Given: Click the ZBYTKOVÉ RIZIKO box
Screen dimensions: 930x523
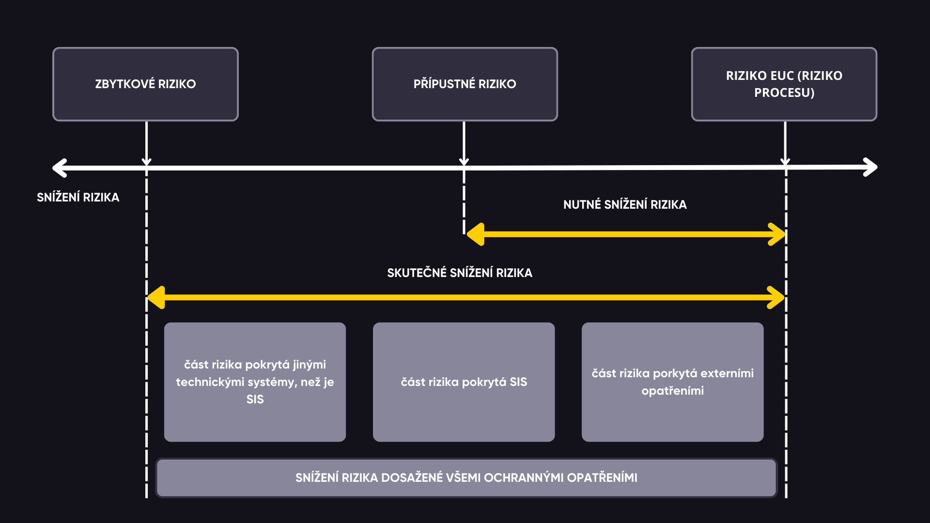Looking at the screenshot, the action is tap(145, 84).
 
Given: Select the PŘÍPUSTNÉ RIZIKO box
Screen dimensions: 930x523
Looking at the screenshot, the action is tap(465, 84).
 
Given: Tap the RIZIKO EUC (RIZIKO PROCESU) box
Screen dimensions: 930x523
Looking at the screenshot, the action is tap(784, 84).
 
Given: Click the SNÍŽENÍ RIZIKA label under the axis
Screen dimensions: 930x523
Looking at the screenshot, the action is tap(78, 197).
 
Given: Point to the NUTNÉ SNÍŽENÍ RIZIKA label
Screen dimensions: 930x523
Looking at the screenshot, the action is tap(625, 204).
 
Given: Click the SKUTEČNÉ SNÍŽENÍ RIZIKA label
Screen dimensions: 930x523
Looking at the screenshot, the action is tap(460, 273).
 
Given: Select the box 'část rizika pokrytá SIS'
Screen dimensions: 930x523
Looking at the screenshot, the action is tap(464, 382).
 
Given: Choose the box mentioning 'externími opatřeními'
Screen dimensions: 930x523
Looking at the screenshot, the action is tap(673, 382).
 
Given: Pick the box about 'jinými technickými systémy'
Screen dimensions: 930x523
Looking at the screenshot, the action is tap(255, 382).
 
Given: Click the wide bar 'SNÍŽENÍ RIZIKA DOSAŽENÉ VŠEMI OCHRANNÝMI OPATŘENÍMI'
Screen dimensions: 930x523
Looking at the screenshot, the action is tap(466, 478).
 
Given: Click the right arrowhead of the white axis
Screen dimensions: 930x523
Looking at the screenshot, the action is tap(870, 168).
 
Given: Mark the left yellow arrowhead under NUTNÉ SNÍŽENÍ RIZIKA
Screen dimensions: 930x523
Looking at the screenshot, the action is tap(475, 234).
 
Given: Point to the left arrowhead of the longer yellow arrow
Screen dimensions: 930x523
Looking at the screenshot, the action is tap(156, 297).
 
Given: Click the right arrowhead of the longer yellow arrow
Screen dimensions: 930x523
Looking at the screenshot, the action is tap(776, 297).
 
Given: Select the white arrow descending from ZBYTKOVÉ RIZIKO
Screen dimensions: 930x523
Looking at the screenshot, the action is tap(146, 144).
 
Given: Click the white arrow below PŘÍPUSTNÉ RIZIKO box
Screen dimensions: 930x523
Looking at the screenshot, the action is tap(464, 144).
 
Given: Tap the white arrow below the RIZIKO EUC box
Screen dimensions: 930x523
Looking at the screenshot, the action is tap(785, 144).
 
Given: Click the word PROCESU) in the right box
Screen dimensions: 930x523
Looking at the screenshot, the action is tap(784, 92).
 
